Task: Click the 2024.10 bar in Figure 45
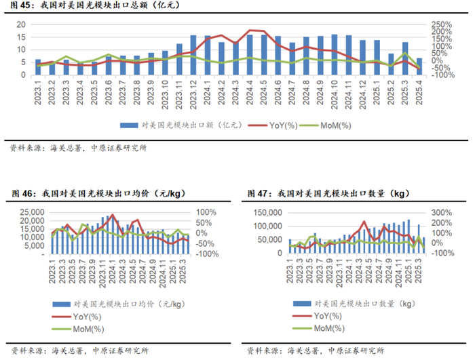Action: click(x=334, y=48)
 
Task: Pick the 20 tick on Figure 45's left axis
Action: click(x=21, y=24)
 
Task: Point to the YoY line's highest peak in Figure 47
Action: click(x=364, y=222)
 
